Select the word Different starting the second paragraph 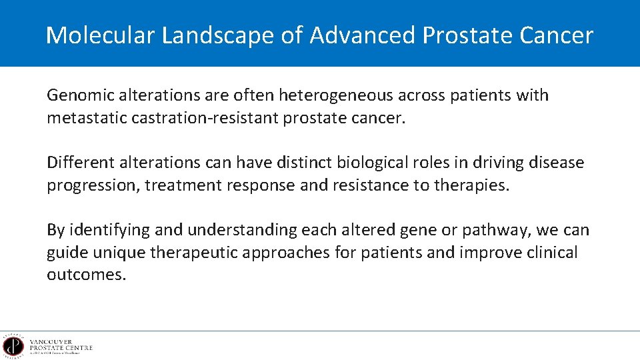(79, 163)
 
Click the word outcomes (86, 275)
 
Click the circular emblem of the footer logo (12, 346)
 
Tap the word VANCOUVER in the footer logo (51, 341)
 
